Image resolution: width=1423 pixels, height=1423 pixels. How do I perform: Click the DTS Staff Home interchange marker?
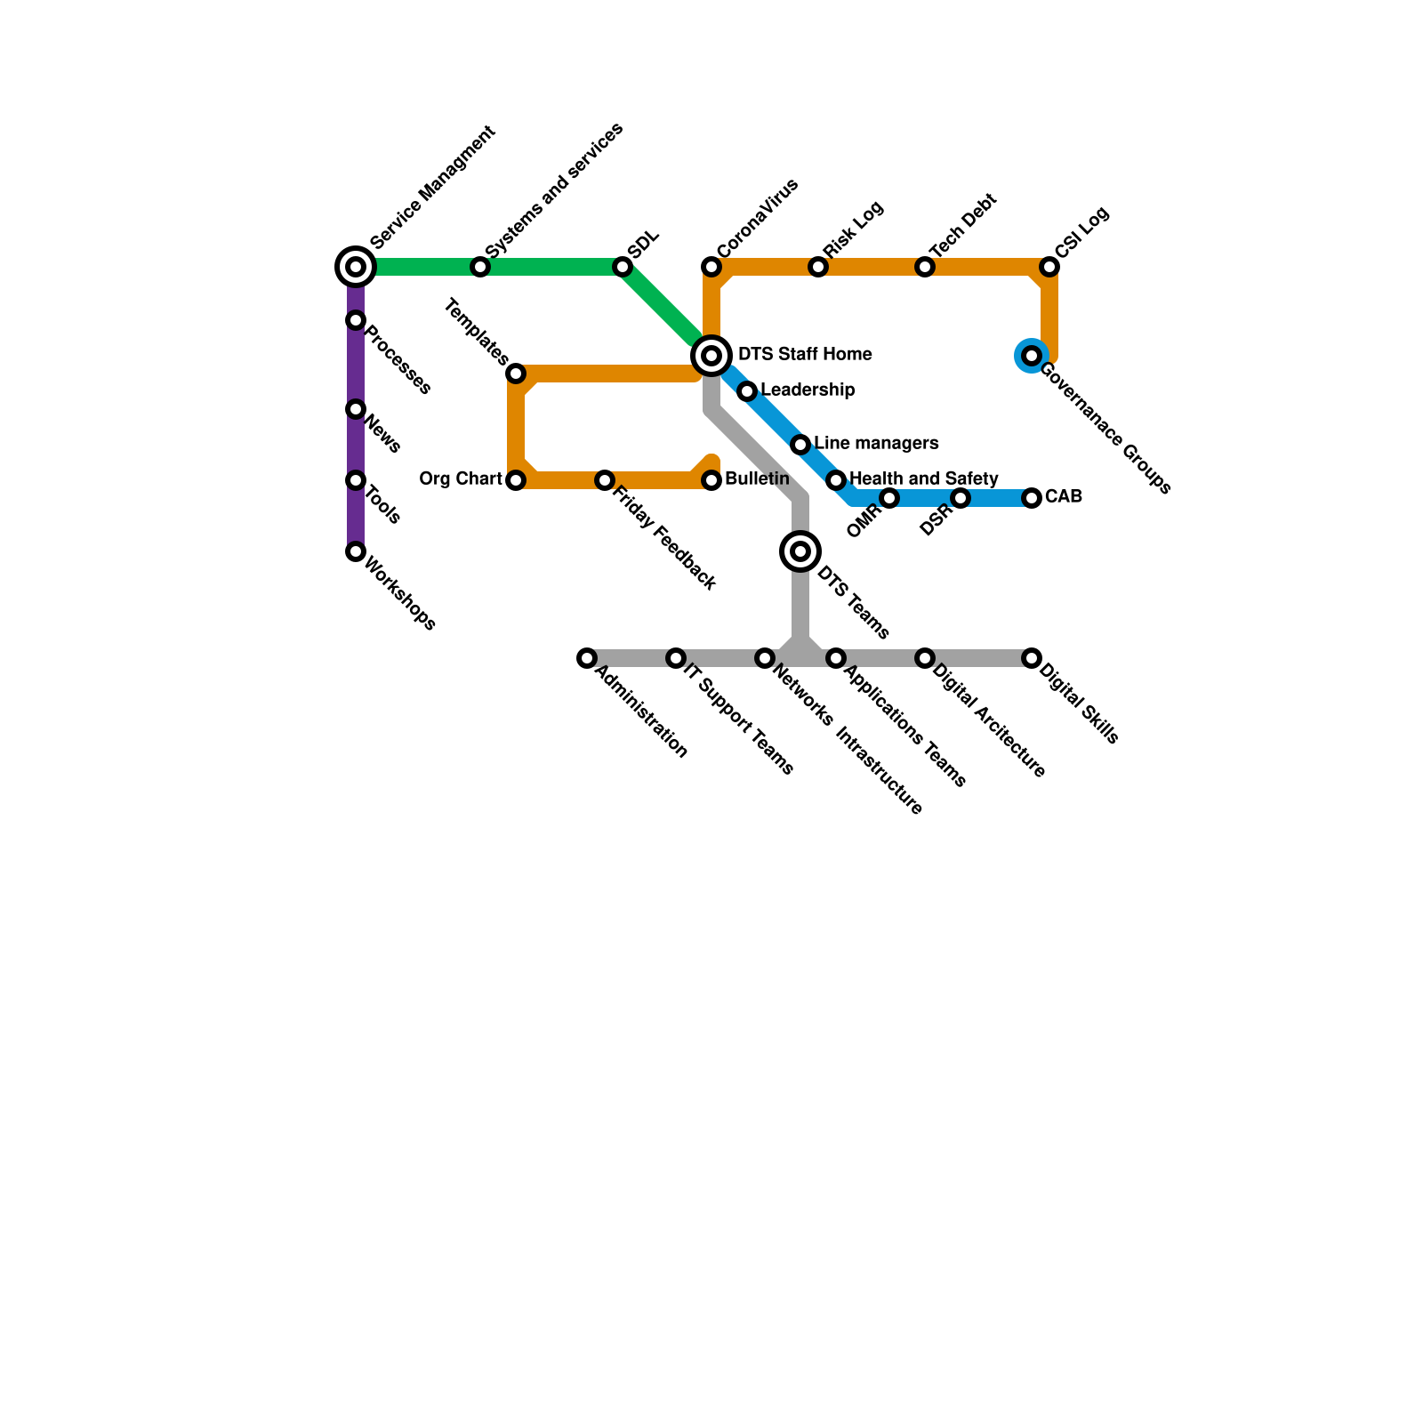click(711, 356)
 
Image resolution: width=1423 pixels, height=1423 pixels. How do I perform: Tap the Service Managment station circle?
click(356, 267)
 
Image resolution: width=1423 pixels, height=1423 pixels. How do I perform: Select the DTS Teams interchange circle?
click(800, 551)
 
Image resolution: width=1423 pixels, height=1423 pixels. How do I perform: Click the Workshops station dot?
click(356, 551)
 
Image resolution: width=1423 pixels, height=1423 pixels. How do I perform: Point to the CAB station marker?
click(1032, 498)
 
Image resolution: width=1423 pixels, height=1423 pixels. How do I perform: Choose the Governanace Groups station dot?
click(1032, 356)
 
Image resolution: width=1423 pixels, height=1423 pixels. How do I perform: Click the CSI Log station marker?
click(1049, 267)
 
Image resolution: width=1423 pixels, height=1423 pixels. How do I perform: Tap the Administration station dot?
click(587, 658)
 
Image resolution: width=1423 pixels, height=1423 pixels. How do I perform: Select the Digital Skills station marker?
click(1032, 658)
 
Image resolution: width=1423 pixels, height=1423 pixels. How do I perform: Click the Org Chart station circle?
click(516, 480)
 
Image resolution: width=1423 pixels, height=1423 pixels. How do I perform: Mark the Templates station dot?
click(516, 374)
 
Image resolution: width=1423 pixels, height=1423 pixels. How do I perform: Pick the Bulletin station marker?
click(711, 480)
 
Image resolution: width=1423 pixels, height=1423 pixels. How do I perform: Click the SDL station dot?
click(623, 267)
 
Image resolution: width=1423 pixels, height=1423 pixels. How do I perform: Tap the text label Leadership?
click(808, 390)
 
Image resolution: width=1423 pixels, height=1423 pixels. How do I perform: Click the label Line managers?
click(876, 443)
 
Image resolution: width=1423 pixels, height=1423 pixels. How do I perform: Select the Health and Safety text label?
click(924, 478)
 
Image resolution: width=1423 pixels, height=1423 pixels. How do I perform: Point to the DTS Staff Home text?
click(805, 354)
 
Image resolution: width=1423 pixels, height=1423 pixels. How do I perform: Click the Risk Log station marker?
click(818, 267)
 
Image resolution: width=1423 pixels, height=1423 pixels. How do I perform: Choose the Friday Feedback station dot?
click(605, 480)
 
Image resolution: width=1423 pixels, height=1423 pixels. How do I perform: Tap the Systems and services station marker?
click(480, 267)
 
